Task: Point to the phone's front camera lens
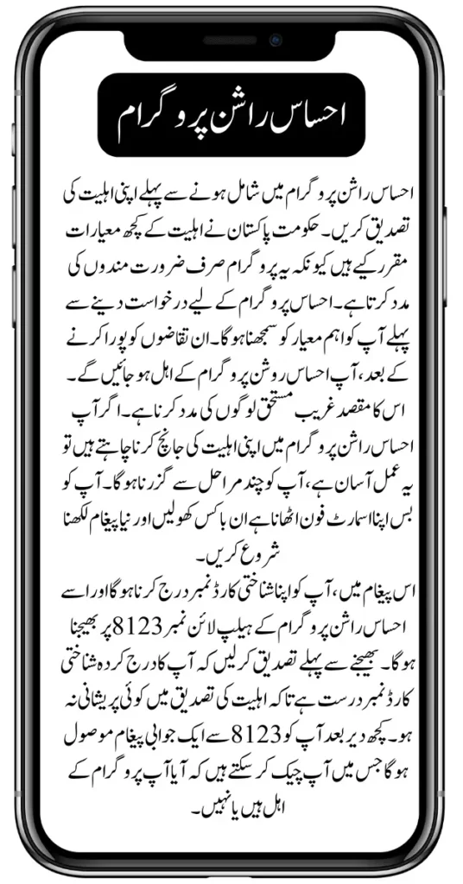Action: [275, 41]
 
